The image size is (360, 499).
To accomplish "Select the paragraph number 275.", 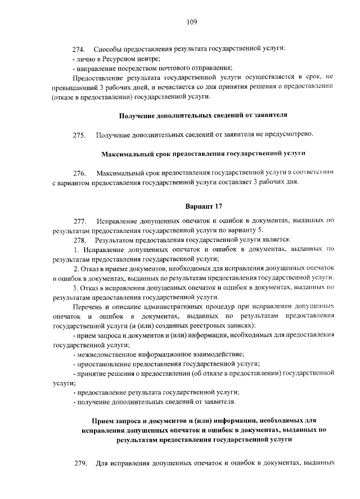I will [79, 135].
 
